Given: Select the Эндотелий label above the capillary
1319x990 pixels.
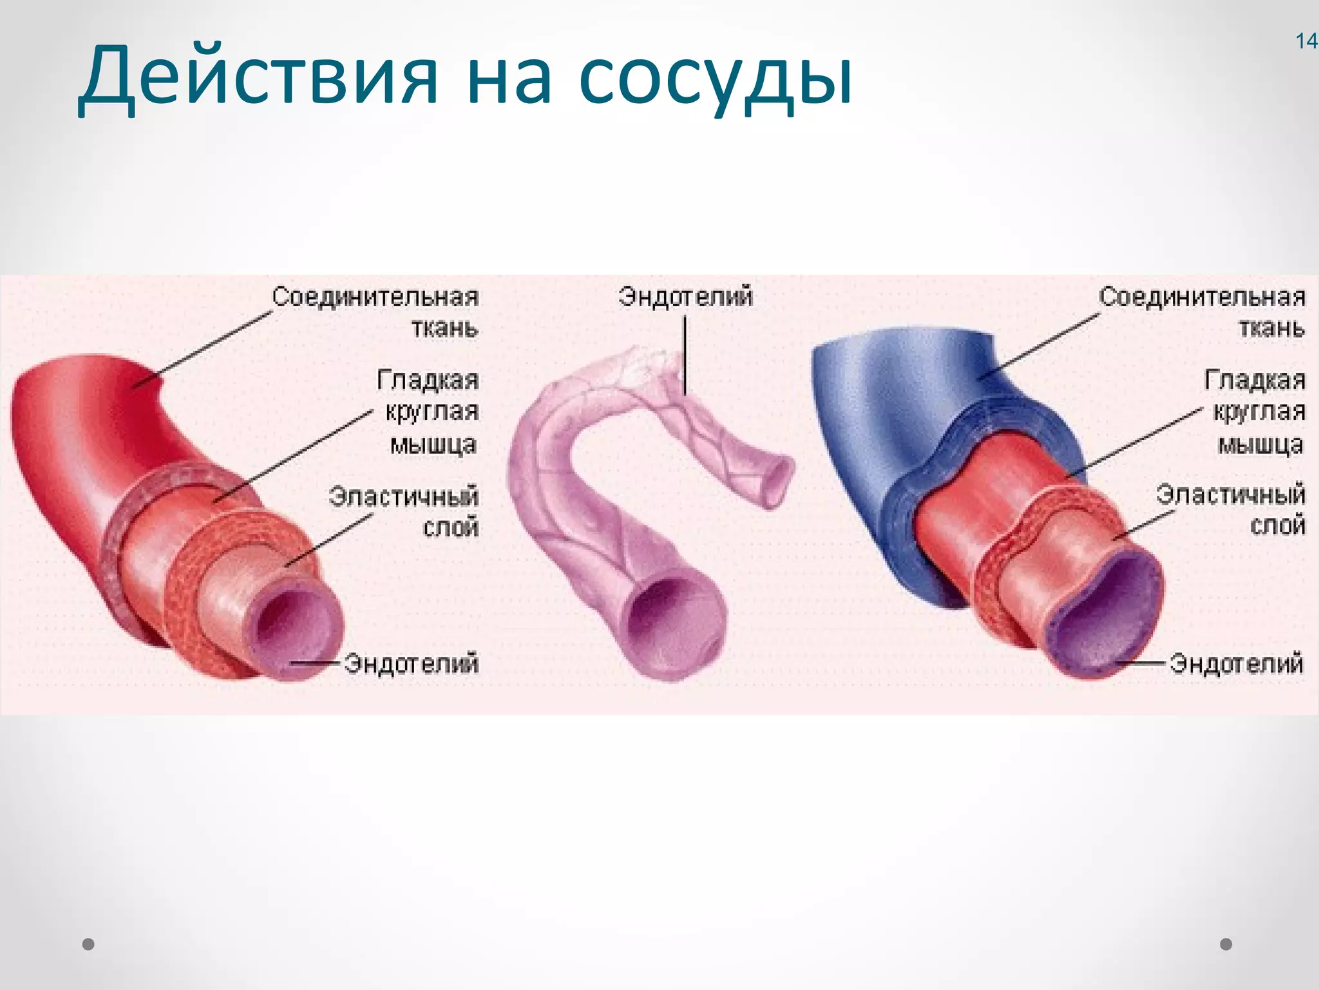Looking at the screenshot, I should click(685, 297).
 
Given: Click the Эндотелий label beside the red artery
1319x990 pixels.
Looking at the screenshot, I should click(411, 663).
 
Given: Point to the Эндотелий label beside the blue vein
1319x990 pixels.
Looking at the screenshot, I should click(1237, 663).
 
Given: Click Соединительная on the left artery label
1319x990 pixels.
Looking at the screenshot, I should click(375, 297).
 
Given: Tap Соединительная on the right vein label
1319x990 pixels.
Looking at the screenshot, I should click(1202, 297).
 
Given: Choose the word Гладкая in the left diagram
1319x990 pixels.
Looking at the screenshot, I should click(428, 380).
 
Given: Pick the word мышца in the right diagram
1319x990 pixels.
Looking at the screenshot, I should click(1260, 445).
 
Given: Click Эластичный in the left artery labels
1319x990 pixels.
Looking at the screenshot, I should click(403, 497).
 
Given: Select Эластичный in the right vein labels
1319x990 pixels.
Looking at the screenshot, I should click(1230, 494).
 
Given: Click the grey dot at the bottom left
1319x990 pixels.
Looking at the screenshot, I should click(89, 944).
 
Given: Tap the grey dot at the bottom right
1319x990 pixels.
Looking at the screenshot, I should click(1226, 944).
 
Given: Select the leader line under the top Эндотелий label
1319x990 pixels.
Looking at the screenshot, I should click(685, 354).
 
